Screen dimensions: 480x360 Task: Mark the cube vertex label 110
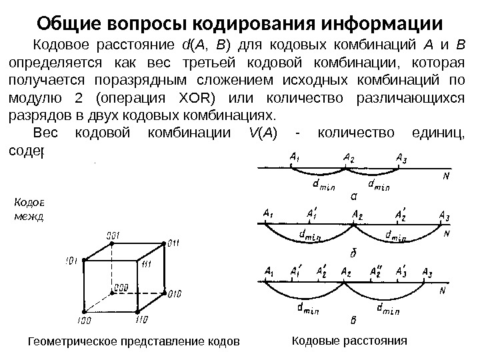142,319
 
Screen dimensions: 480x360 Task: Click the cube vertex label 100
84,320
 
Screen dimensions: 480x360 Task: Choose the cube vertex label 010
175,293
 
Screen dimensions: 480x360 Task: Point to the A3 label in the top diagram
400,157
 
